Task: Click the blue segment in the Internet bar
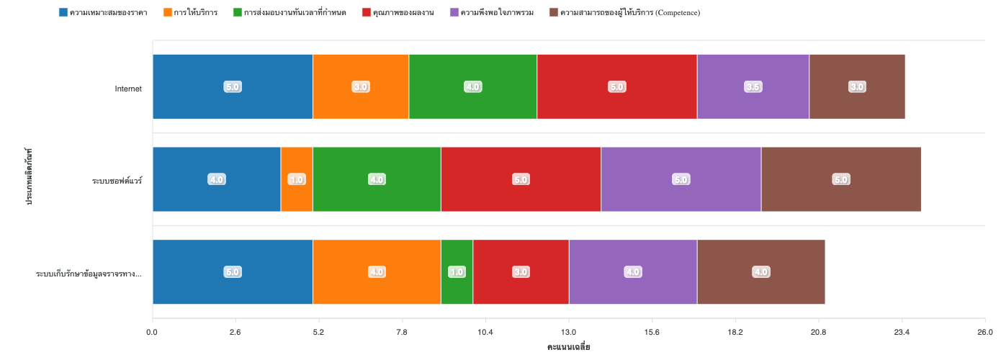(233, 86)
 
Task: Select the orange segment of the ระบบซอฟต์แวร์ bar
(297, 179)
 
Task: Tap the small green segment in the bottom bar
(457, 272)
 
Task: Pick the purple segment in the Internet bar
(753, 86)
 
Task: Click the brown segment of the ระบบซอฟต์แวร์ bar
(840, 179)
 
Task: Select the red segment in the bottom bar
(521, 272)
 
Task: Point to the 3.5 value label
(753, 87)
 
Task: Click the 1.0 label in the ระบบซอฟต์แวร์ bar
(297, 179)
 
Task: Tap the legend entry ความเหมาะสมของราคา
(108, 13)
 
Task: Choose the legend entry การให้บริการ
(195, 13)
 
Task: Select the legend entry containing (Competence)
(629, 13)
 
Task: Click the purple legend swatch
(454, 13)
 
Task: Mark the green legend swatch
(238, 13)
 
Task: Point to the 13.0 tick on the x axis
(569, 332)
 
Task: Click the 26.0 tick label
(984, 332)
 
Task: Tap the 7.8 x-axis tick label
(402, 332)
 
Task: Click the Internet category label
(128, 89)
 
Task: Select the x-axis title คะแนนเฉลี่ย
(569, 348)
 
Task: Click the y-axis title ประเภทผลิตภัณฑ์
(30, 177)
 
